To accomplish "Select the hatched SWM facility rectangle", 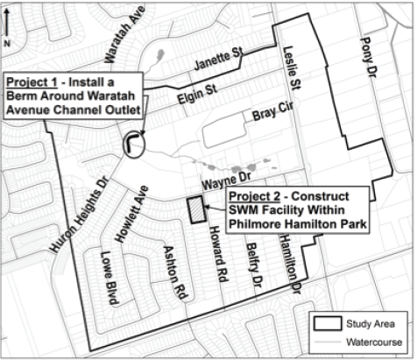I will coord(195,211).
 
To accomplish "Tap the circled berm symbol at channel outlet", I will coord(133,143).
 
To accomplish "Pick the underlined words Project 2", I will coord(252,194).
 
